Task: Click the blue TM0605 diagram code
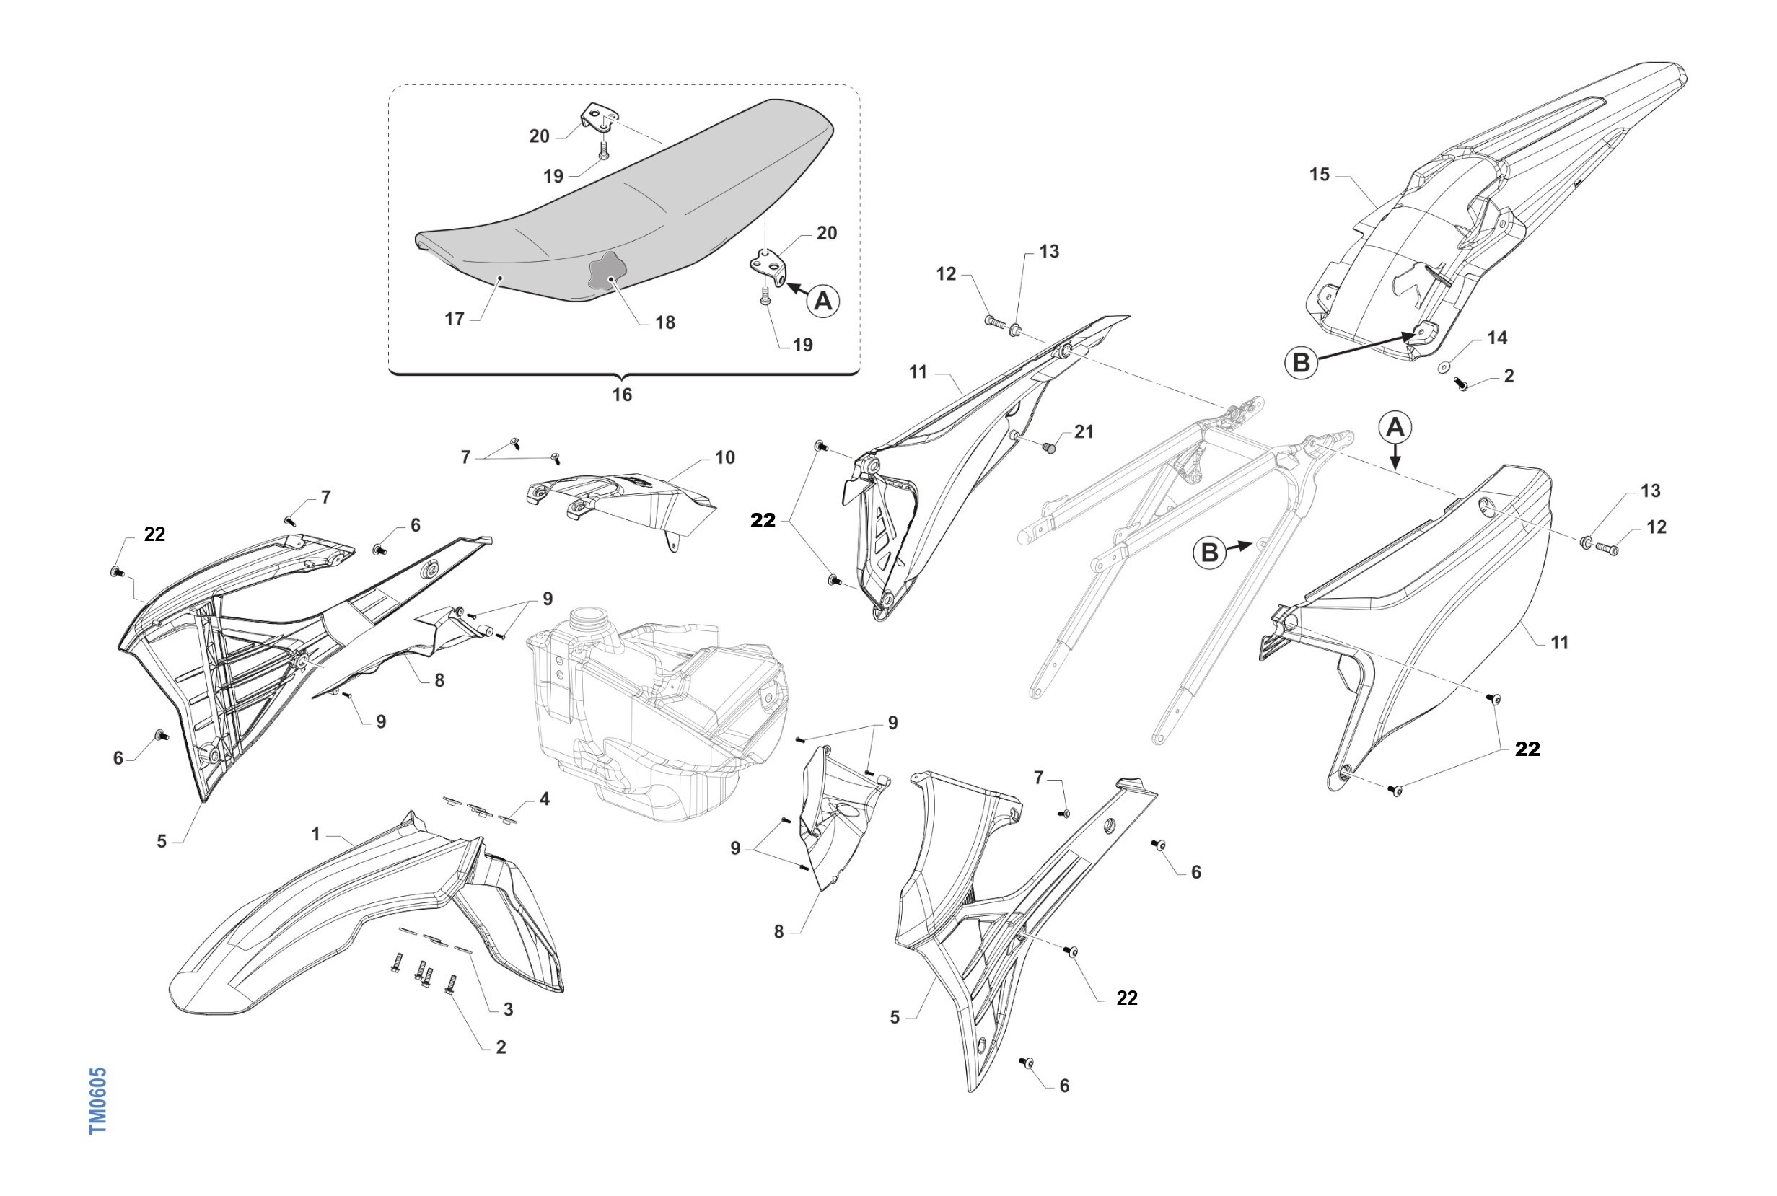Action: tap(98, 1100)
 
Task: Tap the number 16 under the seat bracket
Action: tap(622, 395)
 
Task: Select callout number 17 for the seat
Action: tap(455, 319)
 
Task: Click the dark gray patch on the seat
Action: tap(607, 272)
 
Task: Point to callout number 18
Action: tap(665, 322)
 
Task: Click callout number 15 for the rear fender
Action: tap(1320, 175)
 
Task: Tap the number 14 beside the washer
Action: tap(1497, 338)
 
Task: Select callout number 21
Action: tap(1084, 431)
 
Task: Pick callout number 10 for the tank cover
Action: tap(724, 457)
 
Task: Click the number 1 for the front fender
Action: tap(316, 835)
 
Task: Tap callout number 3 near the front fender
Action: tap(508, 1009)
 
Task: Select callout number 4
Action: tap(544, 799)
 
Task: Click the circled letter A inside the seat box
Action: tap(823, 302)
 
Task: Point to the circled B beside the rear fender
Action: tap(1301, 363)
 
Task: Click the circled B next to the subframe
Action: tap(1210, 553)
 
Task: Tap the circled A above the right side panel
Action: tap(1395, 427)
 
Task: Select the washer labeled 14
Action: tap(1444, 368)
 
